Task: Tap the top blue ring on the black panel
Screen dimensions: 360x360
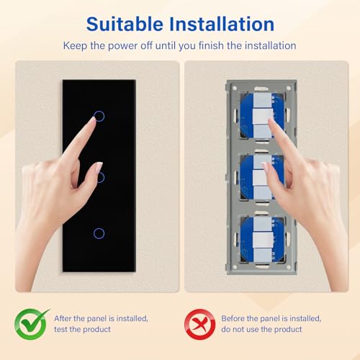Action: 99,116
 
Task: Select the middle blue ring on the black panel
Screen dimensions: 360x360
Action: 99,176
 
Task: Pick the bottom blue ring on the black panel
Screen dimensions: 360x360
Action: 99,233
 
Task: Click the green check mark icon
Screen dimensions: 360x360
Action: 32,324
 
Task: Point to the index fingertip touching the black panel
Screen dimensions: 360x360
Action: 91,121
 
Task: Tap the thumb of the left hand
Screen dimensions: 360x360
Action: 93,170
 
